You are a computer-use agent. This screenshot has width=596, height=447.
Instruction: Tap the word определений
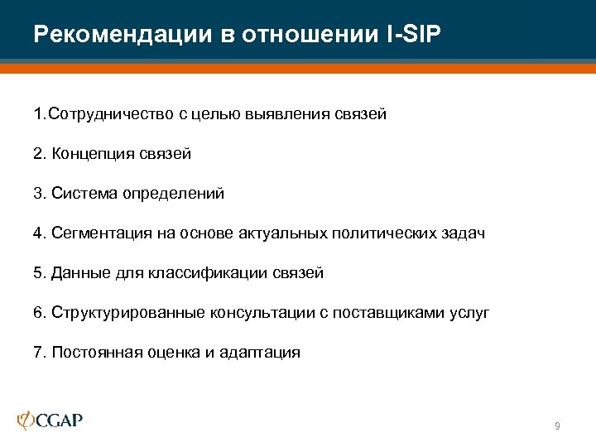pos(174,194)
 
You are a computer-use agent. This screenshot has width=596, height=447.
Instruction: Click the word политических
pos(384,233)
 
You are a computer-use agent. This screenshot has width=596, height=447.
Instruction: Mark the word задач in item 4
pos(464,233)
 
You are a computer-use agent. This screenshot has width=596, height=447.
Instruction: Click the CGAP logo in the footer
pos(50,420)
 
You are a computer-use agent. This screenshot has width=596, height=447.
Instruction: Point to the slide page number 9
pos(557,425)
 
